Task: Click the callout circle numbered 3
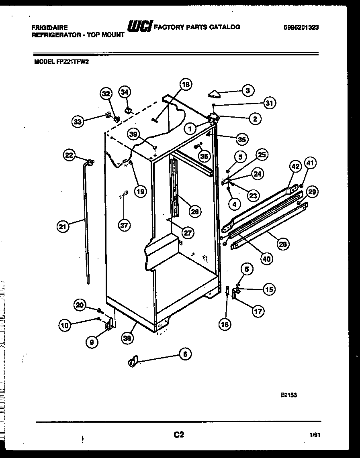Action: (247, 91)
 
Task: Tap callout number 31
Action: (269, 104)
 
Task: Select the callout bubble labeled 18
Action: (185, 85)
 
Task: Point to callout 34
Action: (125, 92)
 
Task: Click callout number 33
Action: (79, 121)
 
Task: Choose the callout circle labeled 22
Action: (70, 155)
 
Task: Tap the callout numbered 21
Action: (62, 227)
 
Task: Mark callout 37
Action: (124, 226)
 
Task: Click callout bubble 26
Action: (194, 212)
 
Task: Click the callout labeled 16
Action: (225, 324)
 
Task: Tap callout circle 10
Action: (65, 326)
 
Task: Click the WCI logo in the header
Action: (139, 26)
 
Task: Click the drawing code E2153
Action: (288, 395)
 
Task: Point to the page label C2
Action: (179, 434)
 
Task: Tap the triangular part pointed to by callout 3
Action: (215, 94)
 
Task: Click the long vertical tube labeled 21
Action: (87, 225)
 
